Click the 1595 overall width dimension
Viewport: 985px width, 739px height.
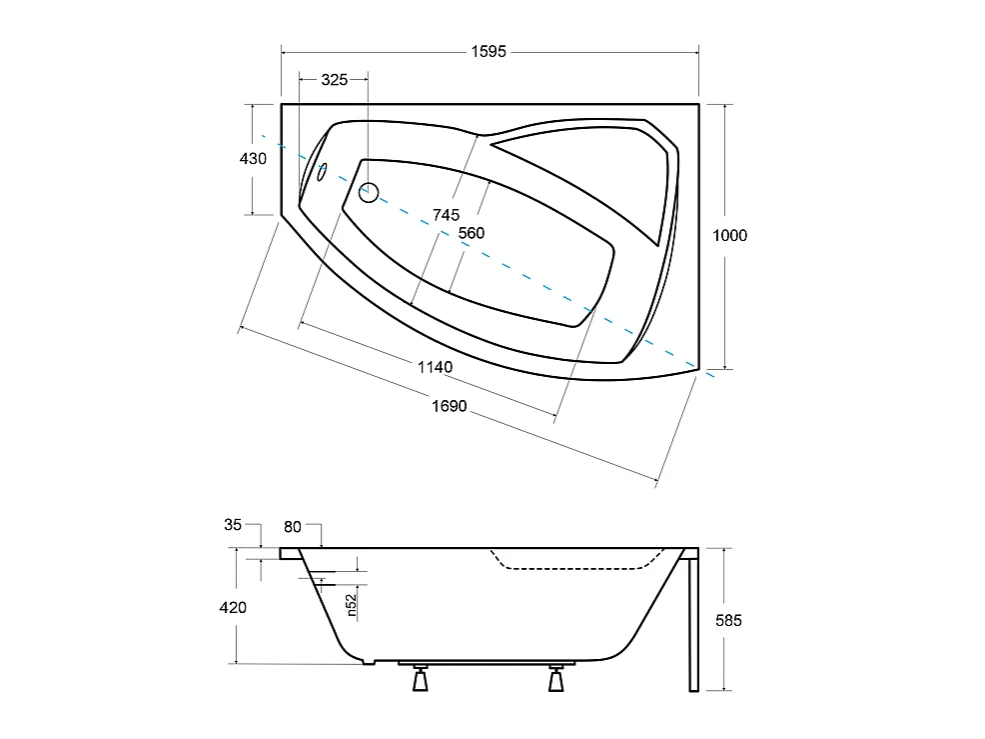click(489, 52)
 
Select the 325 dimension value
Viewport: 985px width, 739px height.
click(335, 80)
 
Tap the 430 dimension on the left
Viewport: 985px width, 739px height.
click(253, 158)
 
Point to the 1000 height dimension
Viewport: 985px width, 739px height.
click(730, 235)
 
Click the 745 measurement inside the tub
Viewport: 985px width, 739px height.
click(446, 215)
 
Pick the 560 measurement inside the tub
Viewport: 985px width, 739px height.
click(472, 233)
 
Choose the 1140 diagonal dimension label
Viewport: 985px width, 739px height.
click(435, 367)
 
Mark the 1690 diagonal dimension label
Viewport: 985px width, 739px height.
click(450, 406)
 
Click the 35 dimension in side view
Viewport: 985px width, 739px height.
click(233, 525)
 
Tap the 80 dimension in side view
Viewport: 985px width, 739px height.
click(293, 527)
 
